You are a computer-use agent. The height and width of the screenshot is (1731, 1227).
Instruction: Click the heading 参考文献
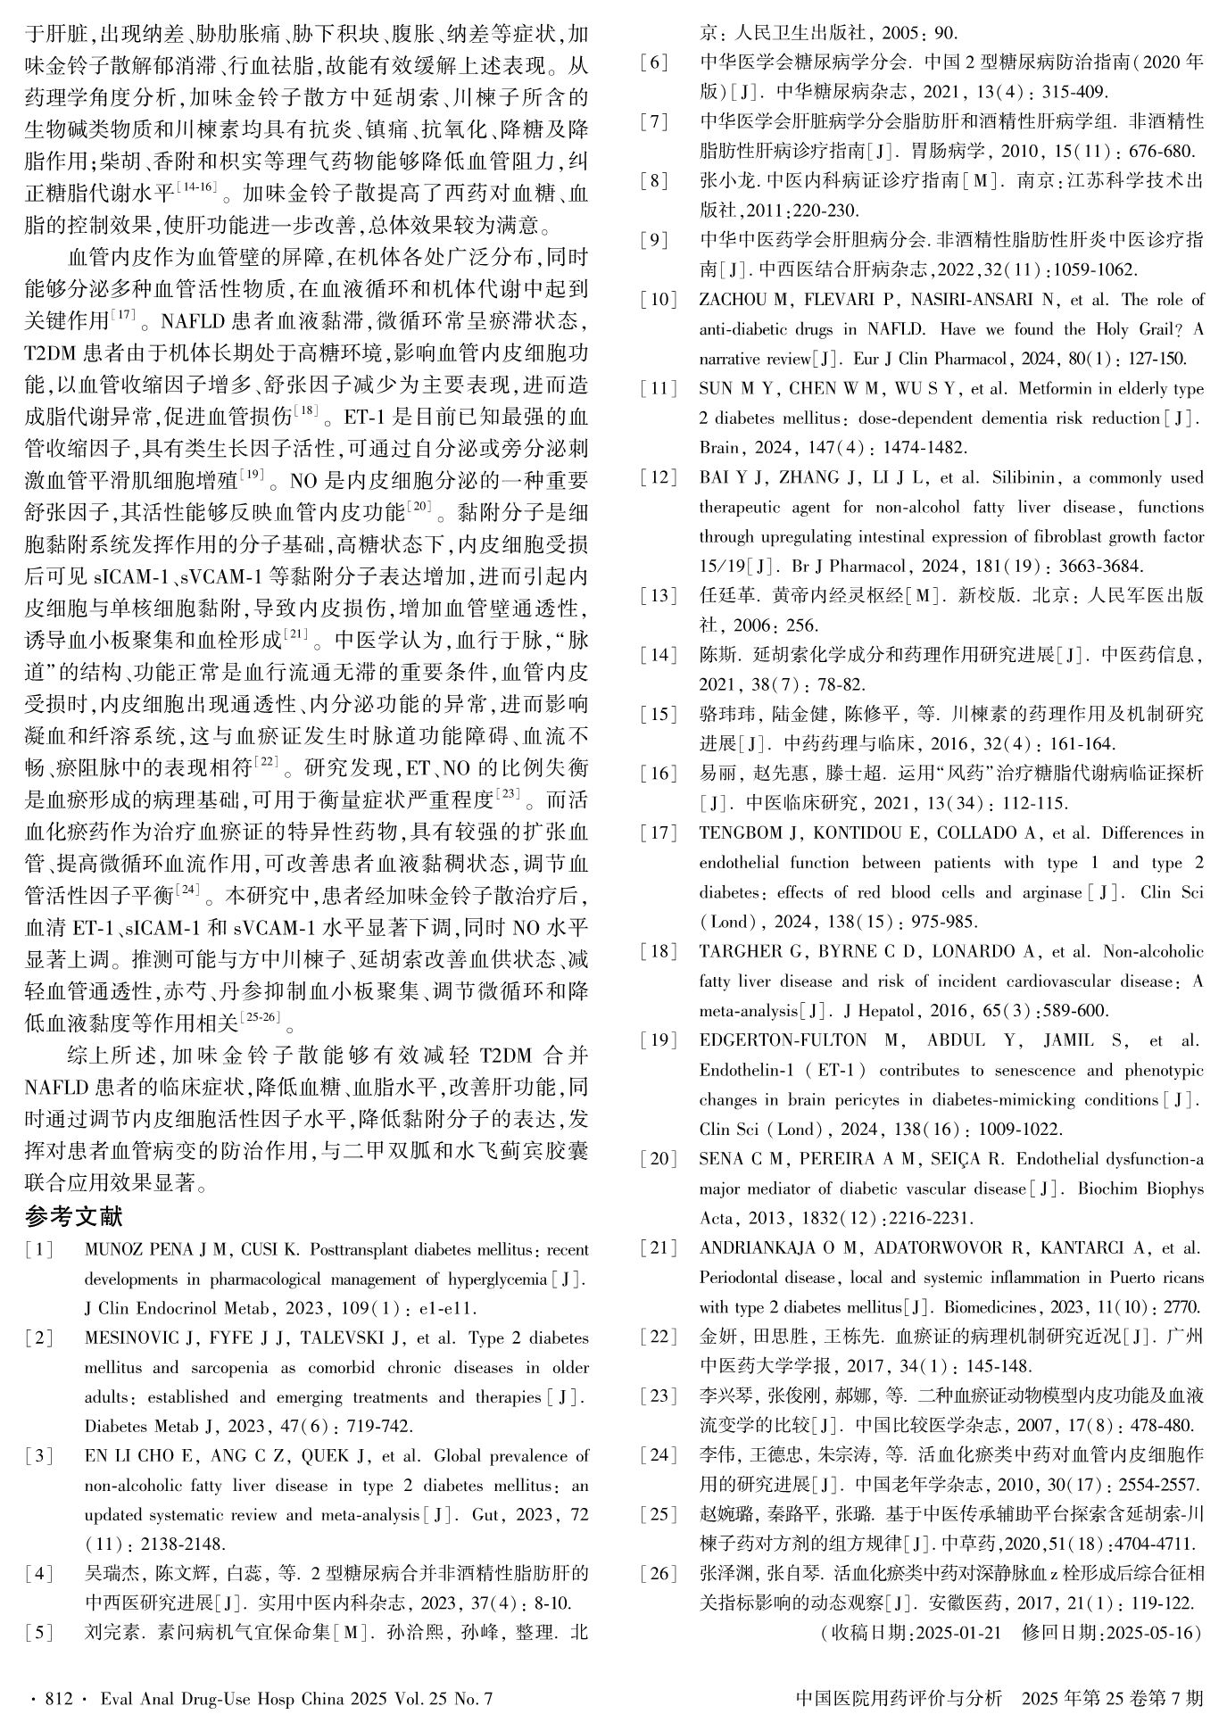tap(74, 1216)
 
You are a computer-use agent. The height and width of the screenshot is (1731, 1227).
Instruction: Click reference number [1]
tap(38, 1250)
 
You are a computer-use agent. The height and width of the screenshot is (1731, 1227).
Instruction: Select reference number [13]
tap(658, 596)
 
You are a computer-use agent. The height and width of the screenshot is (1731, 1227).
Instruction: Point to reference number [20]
tap(658, 1159)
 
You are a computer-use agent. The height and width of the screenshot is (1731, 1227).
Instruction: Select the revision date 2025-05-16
tap(1154, 1633)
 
